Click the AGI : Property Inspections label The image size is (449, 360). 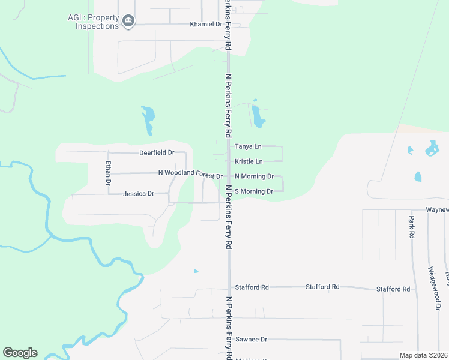(x=93, y=22)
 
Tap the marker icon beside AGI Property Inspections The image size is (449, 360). (x=128, y=22)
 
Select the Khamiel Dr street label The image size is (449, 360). (x=206, y=25)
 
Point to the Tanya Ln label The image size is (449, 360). (x=248, y=146)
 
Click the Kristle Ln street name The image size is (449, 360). (x=249, y=161)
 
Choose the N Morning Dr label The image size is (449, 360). (x=254, y=176)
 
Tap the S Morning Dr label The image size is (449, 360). (x=254, y=191)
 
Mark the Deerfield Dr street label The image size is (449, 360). (x=157, y=153)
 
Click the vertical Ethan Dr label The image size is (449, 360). (x=109, y=173)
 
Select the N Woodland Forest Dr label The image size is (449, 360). (x=190, y=173)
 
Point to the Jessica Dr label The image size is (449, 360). (x=139, y=194)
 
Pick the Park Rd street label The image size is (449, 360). (x=412, y=228)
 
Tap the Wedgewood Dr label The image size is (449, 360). (x=431, y=288)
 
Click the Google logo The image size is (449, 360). (x=20, y=353)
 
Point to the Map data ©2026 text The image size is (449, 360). (x=423, y=355)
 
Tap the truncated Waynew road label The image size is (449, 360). (x=437, y=210)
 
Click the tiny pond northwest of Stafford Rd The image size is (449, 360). (x=196, y=271)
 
